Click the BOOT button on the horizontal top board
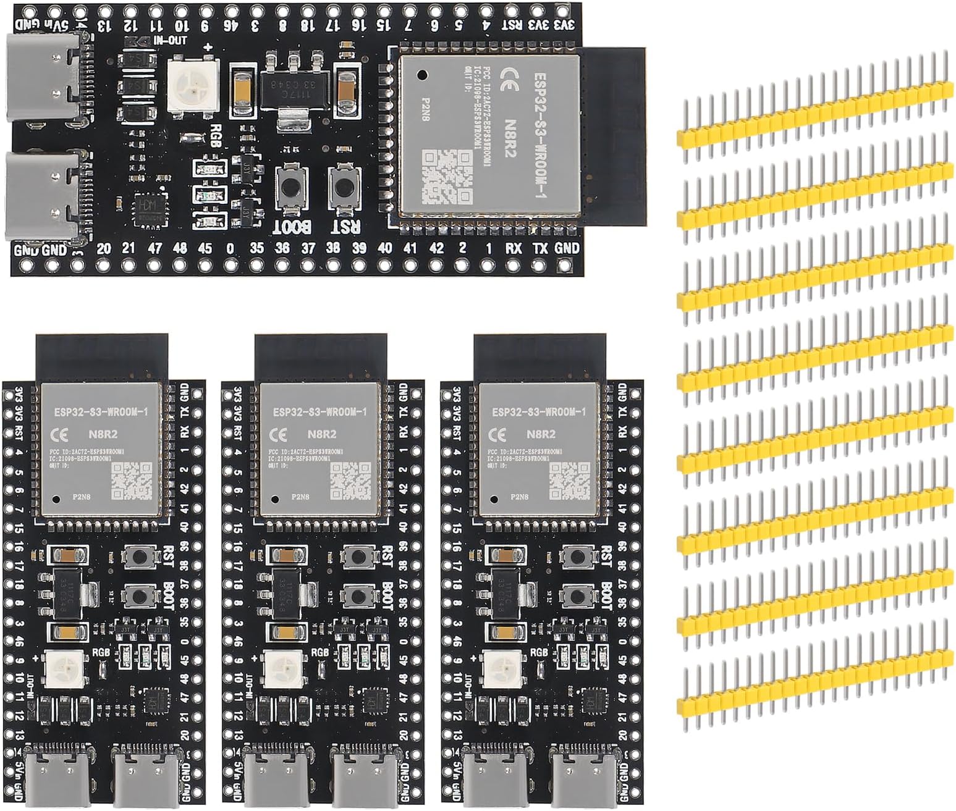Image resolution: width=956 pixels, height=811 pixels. [x=289, y=186]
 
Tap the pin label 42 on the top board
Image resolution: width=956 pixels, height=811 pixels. [x=436, y=248]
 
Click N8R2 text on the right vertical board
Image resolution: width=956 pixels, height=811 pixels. [x=541, y=434]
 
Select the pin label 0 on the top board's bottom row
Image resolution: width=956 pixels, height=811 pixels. [x=230, y=248]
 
